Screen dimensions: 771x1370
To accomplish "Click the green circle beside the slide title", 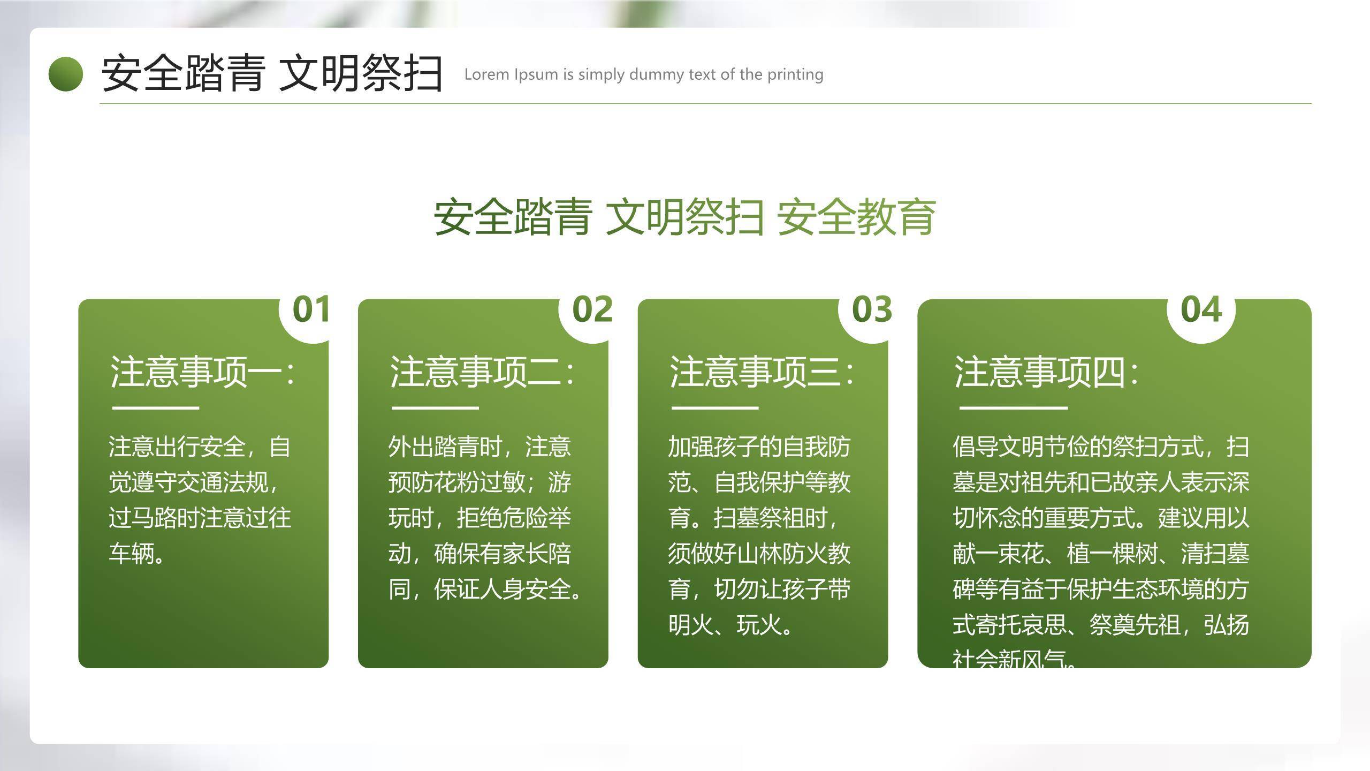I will point(66,74).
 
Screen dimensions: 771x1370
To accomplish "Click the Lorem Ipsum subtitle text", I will point(643,74).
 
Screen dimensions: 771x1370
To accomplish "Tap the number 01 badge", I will point(310,310).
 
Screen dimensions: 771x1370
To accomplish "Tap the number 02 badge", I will point(592,310).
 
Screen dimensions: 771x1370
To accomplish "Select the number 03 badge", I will point(872,310).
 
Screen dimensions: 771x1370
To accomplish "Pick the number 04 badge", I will point(1201,310).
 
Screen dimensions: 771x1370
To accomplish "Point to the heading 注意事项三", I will point(761,372).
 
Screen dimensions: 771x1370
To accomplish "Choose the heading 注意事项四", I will point(1046,372).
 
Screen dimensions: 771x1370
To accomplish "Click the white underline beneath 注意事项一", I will point(155,408).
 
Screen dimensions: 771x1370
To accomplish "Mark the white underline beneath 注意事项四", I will point(1013,408).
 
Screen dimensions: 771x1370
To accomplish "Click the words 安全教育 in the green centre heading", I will point(856,217).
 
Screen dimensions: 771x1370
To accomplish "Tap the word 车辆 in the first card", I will point(131,554).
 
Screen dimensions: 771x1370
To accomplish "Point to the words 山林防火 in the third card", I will point(782,554).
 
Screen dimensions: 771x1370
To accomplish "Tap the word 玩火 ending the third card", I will point(759,625).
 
